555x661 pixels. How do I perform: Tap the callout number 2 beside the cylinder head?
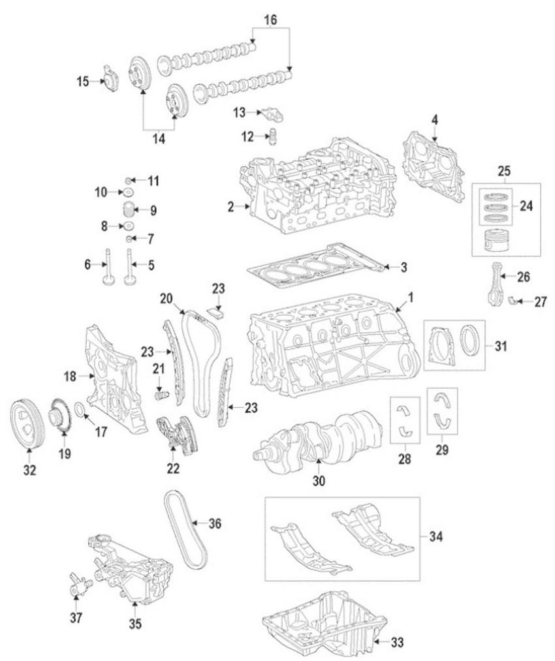230,208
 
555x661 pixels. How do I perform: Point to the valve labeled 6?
106,268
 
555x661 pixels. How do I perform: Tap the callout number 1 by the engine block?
411,298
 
